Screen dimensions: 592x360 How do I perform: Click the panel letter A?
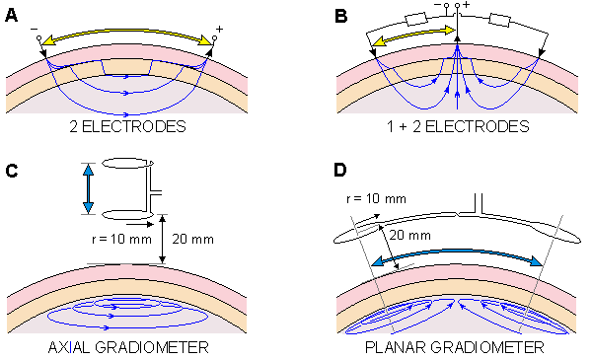11,16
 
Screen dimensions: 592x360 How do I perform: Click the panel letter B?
341,16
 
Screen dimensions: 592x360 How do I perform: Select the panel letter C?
12,171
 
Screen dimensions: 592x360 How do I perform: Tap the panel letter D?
340,171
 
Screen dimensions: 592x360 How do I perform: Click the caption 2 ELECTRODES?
127,126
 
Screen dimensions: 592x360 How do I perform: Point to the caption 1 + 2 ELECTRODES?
458,126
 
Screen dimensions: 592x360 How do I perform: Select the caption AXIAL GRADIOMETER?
128,347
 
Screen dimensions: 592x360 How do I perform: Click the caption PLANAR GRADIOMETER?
455,347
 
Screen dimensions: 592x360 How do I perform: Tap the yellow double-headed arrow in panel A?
127,31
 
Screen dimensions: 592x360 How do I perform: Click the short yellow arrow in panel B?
414,36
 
